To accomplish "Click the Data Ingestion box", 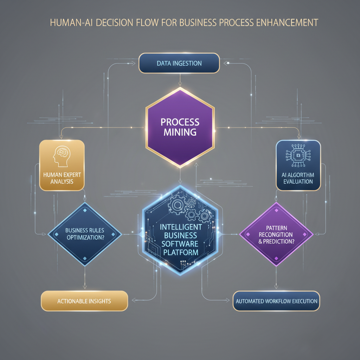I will pyautogui.click(x=179, y=63).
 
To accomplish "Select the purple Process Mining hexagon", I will pyautogui.click(x=180, y=127).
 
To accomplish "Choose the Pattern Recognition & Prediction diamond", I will pyautogui.click(x=276, y=234).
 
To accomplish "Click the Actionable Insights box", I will pyautogui.click(x=84, y=301).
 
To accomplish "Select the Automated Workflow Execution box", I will pyautogui.click(x=276, y=301).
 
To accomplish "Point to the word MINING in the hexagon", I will pyautogui.click(x=180, y=133).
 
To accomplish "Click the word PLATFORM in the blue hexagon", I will pyautogui.click(x=180, y=252).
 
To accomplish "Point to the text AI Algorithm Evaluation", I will pyautogui.click(x=298, y=178).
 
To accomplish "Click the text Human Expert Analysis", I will pyautogui.click(x=62, y=178).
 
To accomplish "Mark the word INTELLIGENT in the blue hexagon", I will pyautogui.click(x=180, y=227).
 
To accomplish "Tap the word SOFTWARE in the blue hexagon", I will pyautogui.click(x=180, y=244).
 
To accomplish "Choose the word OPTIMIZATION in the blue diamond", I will pyautogui.click(x=84, y=237).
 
